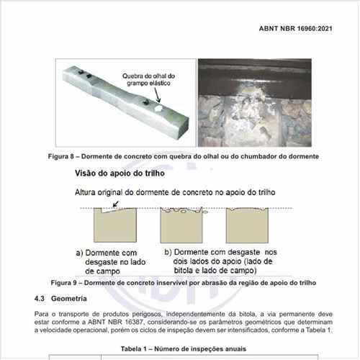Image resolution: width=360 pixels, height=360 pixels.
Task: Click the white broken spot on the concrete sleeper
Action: tap(158, 108)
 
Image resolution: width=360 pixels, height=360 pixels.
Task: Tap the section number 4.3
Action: tap(40, 298)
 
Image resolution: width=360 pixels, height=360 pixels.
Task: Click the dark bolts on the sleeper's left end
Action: tap(85, 73)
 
